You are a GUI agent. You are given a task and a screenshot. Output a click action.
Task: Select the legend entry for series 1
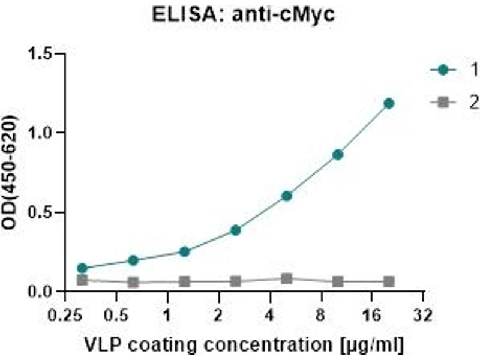click(456, 70)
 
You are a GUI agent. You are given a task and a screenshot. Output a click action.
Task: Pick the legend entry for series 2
click(456, 103)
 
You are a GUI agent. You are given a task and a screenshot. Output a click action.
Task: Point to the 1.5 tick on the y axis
click(43, 54)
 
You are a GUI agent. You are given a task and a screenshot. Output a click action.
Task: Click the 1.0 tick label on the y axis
click(43, 133)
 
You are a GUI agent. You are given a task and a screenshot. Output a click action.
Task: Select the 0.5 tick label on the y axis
click(43, 212)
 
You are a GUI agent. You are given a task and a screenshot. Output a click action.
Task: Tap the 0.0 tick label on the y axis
click(43, 292)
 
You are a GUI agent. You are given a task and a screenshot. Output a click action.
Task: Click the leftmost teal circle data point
click(82, 268)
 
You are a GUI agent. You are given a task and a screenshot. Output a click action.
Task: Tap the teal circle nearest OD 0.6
click(287, 196)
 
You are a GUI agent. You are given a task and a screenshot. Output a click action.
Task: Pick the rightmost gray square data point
click(389, 281)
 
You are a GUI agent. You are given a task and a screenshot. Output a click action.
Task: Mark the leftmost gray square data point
click(82, 280)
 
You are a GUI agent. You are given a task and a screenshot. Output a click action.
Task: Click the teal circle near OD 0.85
click(338, 154)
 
